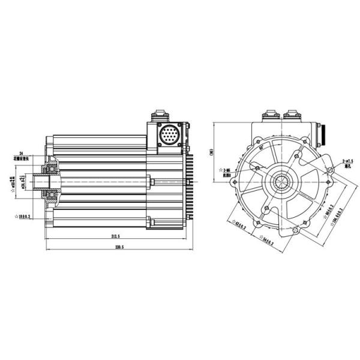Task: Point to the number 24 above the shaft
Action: point(21,153)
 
